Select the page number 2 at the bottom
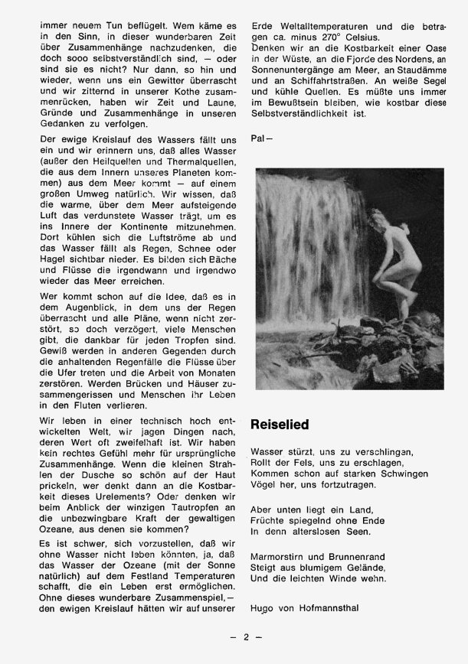pyautogui.click(x=247, y=637)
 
